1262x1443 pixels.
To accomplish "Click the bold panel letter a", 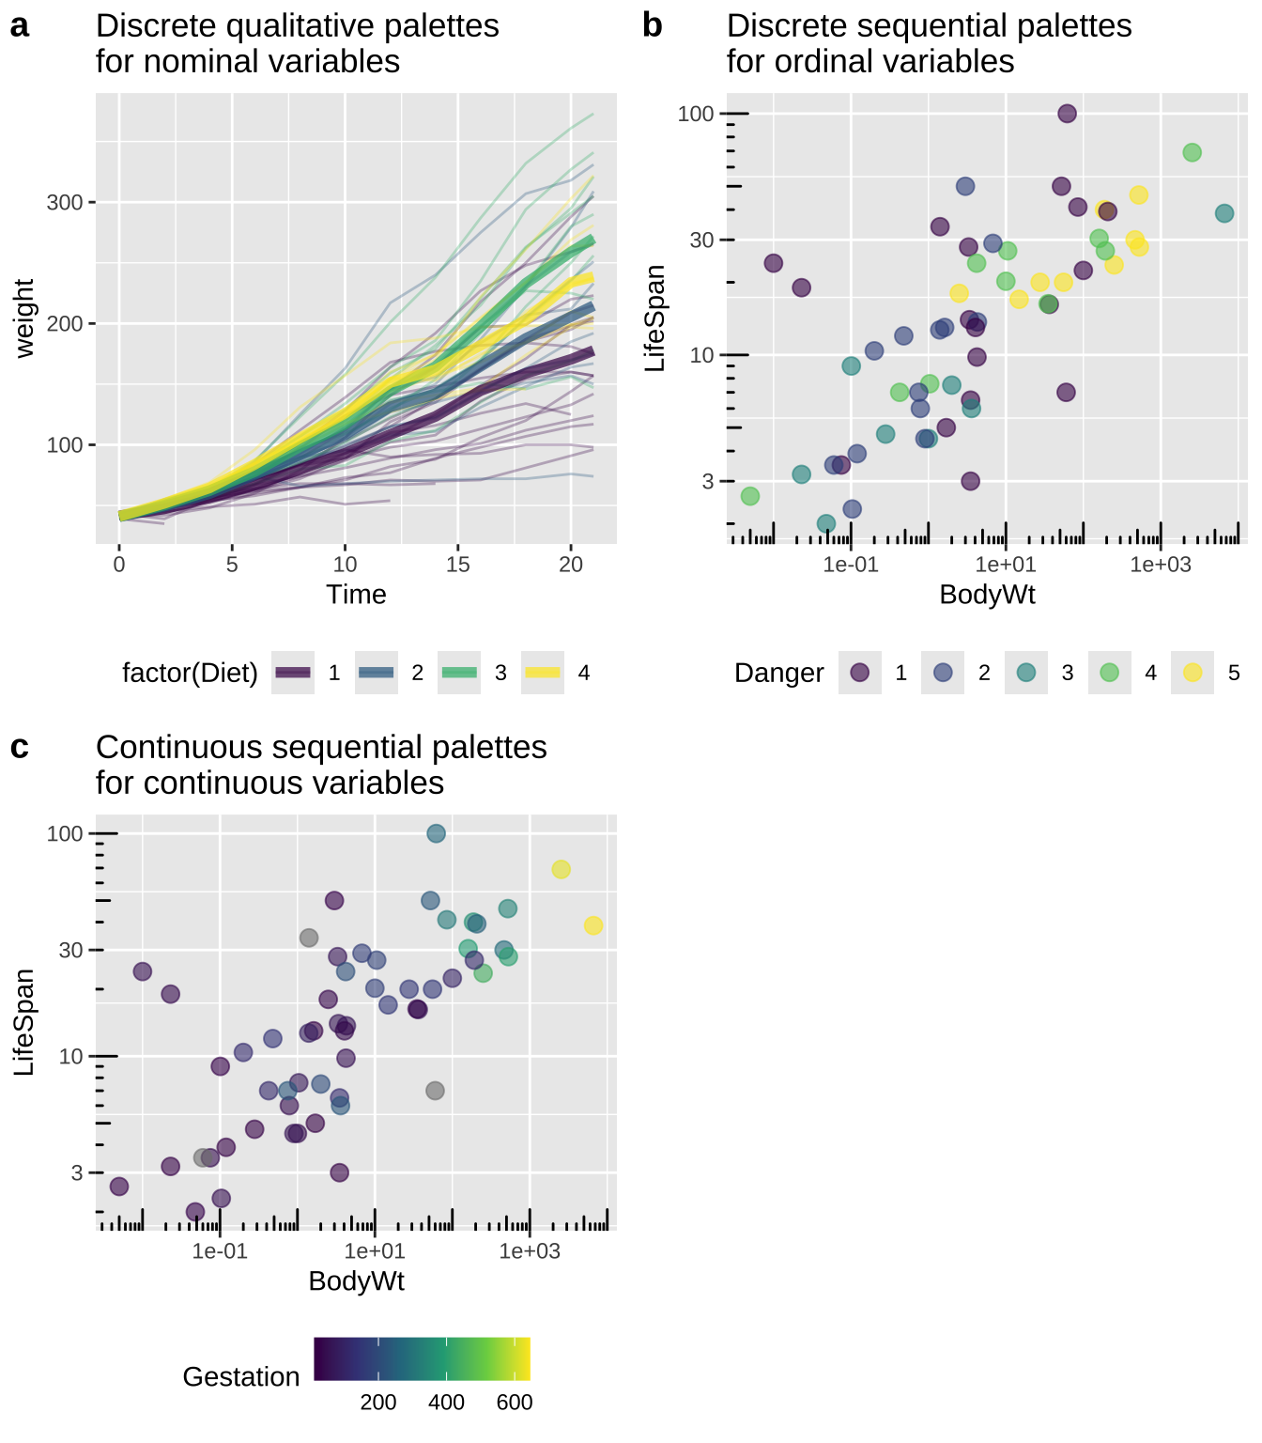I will click(20, 27).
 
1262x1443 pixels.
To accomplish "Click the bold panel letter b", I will click(653, 27).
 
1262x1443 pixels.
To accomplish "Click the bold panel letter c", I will click(20, 748).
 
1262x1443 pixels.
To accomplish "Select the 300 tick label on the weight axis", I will click(65, 203).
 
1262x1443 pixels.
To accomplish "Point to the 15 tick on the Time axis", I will click(458, 565).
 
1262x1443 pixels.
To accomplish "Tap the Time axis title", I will click(356, 595).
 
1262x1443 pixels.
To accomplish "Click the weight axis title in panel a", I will click(25, 318).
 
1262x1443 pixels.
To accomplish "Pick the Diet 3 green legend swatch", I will click(459, 673).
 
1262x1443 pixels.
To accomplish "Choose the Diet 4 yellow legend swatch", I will click(543, 673).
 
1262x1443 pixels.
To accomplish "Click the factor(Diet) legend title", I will click(190, 674).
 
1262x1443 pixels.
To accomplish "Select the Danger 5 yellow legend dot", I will click(1193, 673).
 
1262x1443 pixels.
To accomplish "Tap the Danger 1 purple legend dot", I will click(859, 673).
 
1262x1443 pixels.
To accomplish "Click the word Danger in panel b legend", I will click(778, 674).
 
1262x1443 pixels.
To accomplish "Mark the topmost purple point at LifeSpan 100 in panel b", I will click(1067, 114).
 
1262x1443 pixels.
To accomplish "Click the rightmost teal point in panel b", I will click(1224, 213).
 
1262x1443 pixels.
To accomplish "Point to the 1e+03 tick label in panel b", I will click(1161, 565).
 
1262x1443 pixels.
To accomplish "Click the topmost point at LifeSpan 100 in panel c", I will click(436, 833).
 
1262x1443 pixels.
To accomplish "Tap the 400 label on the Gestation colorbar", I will click(447, 1403).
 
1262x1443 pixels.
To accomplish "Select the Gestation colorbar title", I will click(241, 1377).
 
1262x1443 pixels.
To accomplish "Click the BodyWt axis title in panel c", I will click(356, 1281).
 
